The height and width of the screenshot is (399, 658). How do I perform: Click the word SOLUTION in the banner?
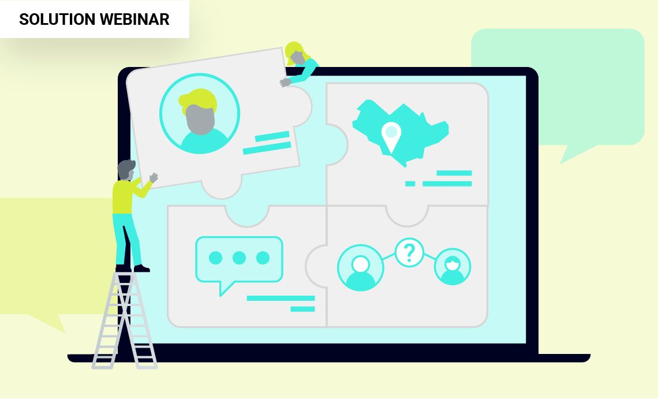pos(57,19)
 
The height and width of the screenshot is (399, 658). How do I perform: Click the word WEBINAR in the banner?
pos(134,19)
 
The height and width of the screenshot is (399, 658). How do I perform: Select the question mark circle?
pos(410,252)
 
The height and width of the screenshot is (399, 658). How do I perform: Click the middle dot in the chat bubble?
pos(239,258)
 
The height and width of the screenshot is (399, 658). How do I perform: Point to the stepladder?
pos(125,320)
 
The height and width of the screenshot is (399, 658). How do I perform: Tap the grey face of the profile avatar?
pos(200,120)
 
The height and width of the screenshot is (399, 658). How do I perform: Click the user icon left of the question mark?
pos(361,267)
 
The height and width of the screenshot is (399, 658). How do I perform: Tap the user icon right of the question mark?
pos(453,267)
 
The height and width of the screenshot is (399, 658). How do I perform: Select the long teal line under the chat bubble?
pos(281,298)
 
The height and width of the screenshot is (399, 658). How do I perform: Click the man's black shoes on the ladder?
pos(133,269)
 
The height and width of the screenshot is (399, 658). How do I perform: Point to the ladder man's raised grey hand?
pos(154,178)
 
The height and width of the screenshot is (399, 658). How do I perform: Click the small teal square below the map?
pos(410,184)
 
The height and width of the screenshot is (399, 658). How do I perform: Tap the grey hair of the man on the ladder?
pos(125,167)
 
